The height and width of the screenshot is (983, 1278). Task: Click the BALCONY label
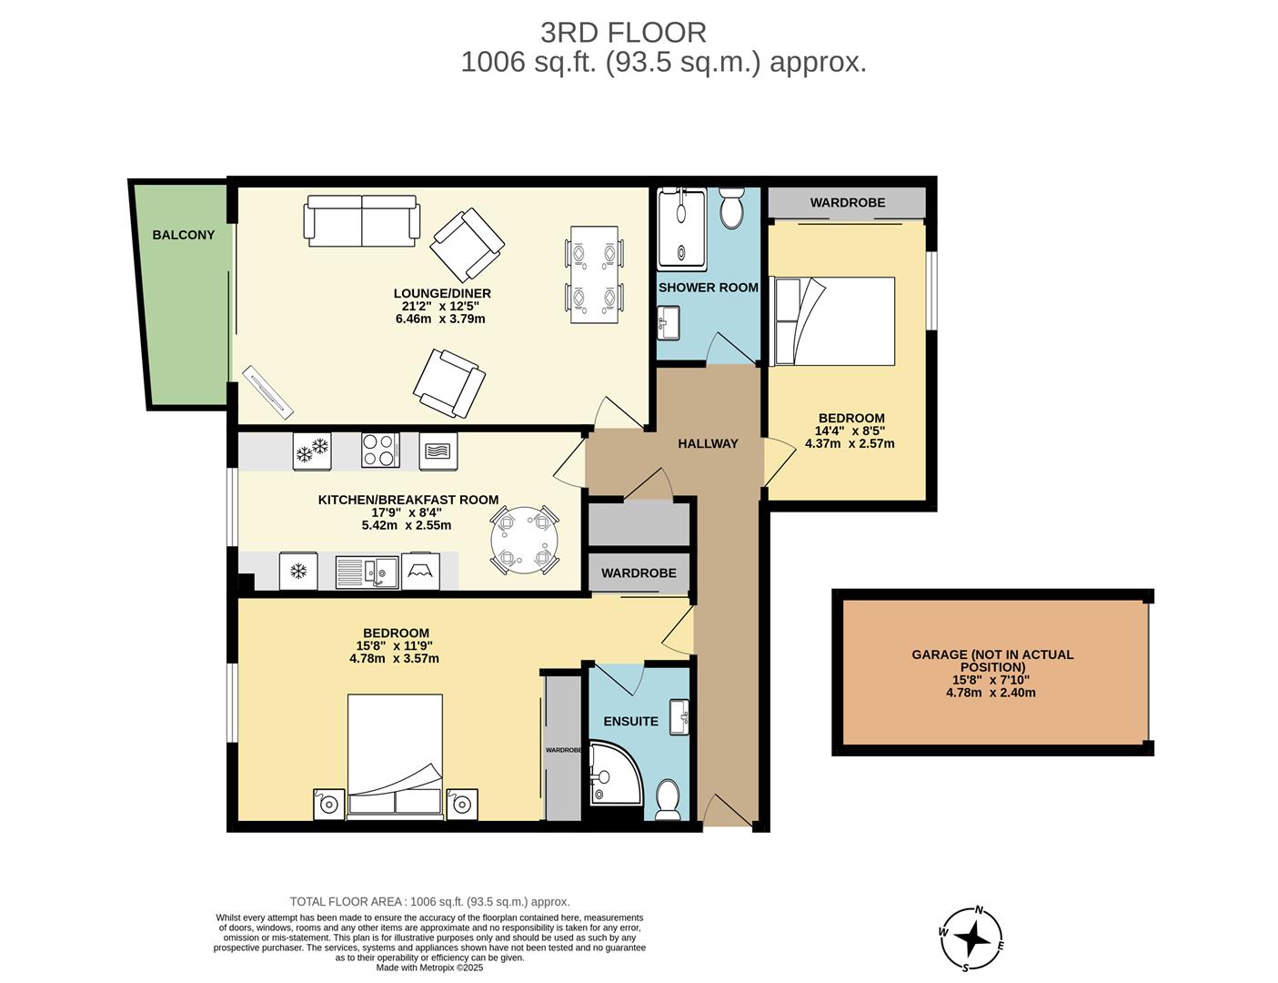(183, 235)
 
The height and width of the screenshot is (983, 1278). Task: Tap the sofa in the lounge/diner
(362, 220)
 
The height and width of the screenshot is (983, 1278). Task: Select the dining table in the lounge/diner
(594, 274)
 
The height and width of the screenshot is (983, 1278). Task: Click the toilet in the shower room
(731, 209)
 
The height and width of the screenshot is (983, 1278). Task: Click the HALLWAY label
(708, 444)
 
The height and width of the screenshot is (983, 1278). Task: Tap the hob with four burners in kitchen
(380, 450)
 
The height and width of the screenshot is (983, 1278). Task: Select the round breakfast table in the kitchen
(525, 540)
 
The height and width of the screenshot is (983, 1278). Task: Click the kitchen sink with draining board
(367, 571)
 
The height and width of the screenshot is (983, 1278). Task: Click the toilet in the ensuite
(668, 798)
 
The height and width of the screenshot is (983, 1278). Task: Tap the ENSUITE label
(630, 722)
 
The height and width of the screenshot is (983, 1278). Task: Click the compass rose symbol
(972, 937)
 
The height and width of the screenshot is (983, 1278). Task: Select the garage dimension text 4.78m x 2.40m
(991, 693)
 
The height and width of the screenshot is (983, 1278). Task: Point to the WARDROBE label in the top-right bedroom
(847, 203)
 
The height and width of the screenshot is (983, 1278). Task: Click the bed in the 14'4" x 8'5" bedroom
(832, 321)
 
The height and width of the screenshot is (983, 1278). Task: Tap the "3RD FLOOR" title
(623, 33)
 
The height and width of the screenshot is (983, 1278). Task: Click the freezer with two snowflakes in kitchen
(312, 450)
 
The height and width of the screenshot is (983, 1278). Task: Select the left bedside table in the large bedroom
(328, 804)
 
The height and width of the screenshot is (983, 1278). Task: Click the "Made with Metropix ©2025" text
(429, 968)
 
